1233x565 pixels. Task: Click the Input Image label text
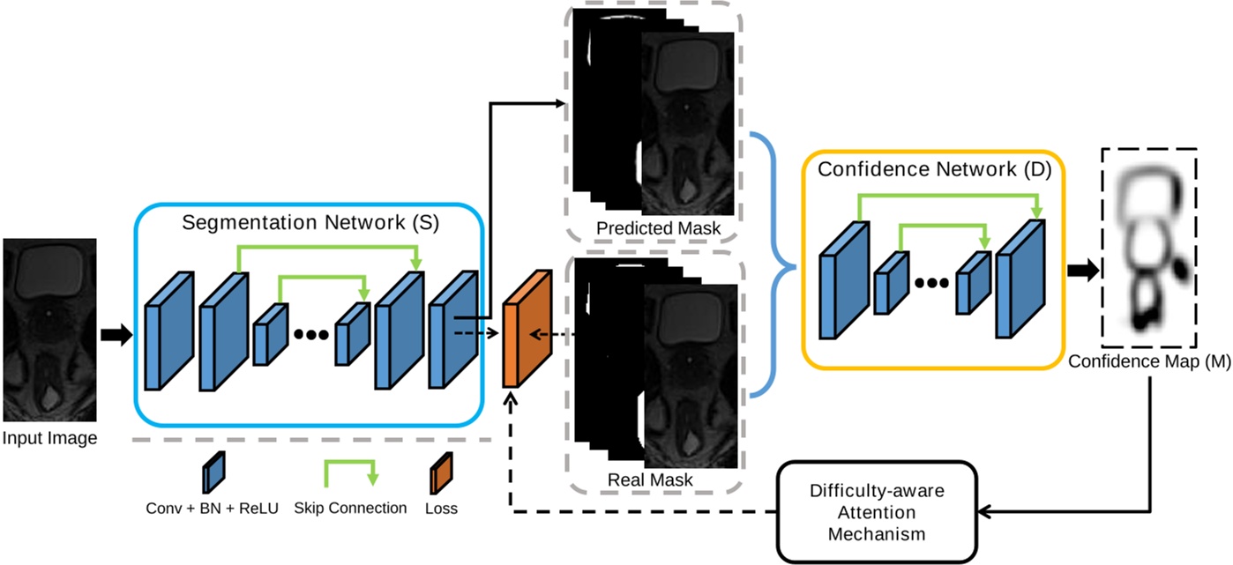pos(49,438)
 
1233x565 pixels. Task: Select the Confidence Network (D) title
pos(934,169)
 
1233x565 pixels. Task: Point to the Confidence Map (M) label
pos(1149,361)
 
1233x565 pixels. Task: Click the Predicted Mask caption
pos(658,228)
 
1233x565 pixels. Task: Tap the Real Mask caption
pos(650,480)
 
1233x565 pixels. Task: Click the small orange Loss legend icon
pos(442,475)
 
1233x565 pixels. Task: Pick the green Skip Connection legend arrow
pos(350,470)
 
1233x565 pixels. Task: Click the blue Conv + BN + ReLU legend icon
pos(213,474)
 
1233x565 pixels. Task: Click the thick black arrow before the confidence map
pos(1084,271)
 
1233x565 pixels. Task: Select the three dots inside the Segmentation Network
pos(310,334)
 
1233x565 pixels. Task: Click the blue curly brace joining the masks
pos(773,265)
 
